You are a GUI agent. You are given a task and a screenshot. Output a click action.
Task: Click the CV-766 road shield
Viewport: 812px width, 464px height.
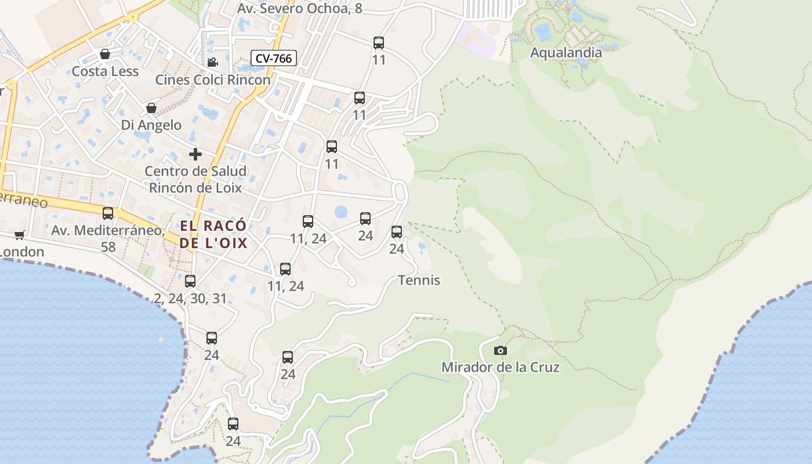274,58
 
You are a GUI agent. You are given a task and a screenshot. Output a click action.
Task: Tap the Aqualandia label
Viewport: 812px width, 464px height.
566,53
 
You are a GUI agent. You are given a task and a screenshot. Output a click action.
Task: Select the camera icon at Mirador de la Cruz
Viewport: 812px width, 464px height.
500,350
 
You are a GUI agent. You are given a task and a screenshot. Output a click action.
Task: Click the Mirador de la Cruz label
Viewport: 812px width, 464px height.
500,367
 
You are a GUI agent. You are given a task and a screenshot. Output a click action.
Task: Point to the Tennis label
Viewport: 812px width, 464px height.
419,280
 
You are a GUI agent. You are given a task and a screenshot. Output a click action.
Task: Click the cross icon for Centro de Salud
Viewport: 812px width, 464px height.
195,154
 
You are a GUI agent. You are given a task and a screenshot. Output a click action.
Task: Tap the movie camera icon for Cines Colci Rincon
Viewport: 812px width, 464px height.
212,62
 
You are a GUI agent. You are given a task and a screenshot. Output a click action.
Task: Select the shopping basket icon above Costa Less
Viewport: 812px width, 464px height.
105,54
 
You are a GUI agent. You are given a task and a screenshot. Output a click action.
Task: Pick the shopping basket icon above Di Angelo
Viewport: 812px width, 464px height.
151,108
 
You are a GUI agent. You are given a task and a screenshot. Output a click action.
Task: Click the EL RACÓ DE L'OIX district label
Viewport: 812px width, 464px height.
213,234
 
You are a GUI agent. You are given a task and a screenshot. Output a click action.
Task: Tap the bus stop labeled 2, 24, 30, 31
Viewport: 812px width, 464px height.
190,281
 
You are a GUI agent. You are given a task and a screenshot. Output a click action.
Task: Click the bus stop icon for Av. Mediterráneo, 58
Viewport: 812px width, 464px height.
108,213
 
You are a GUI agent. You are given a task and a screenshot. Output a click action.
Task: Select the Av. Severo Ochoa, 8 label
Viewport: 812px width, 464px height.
299,8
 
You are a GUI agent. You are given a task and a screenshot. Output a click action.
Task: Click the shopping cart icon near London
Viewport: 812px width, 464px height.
20,235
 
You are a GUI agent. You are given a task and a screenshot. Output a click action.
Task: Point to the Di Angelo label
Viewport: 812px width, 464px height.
151,125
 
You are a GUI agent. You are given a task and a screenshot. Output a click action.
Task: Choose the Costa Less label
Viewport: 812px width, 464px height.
105,71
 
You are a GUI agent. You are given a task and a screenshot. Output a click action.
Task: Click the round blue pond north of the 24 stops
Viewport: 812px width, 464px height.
341,212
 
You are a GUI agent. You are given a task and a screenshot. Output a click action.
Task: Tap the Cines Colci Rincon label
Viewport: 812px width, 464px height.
212,79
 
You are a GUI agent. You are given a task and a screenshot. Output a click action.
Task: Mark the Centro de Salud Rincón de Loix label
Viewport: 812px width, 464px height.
195,179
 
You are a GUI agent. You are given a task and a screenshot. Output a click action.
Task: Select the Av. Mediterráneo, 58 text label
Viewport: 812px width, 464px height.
108,238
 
